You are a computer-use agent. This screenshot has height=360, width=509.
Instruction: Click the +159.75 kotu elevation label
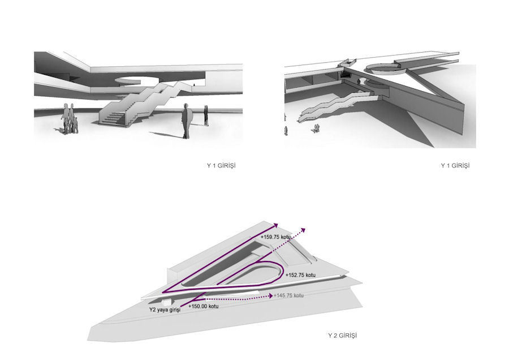pyautogui.click(x=275, y=237)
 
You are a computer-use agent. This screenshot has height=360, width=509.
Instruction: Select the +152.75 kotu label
pyautogui.click(x=300, y=275)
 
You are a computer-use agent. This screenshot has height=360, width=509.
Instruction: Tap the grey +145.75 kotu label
pyautogui.click(x=288, y=295)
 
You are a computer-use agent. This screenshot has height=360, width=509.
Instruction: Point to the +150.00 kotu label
pyautogui.click(x=203, y=306)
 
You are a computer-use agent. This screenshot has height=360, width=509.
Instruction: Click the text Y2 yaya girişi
pyautogui.click(x=165, y=310)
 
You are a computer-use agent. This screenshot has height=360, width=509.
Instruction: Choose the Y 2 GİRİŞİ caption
pyautogui.click(x=342, y=335)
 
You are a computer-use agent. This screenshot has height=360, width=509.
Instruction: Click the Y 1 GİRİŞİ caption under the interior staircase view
pyautogui.click(x=221, y=165)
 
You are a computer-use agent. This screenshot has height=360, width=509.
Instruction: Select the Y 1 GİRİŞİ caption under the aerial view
pyautogui.click(x=455, y=165)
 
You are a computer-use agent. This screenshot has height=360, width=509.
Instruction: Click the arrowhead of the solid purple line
pyautogui.click(x=276, y=225)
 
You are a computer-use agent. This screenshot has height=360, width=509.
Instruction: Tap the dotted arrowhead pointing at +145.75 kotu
pyautogui.click(x=270, y=295)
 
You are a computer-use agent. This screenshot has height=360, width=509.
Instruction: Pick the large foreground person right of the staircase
pyautogui.click(x=186, y=121)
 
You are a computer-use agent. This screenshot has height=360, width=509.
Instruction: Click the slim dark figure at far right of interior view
pyautogui.click(x=206, y=115)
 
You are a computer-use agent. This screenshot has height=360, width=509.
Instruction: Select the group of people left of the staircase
pyautogui.click(x=70, y=119)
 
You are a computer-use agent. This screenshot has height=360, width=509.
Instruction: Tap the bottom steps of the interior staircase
pyautogui.click(x=113, y=118)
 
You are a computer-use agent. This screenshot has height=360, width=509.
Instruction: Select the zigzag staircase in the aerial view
pyautogui.click(x=335, y=106)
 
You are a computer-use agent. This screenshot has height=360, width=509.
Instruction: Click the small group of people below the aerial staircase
pyautogui.click(x=315, y=128)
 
